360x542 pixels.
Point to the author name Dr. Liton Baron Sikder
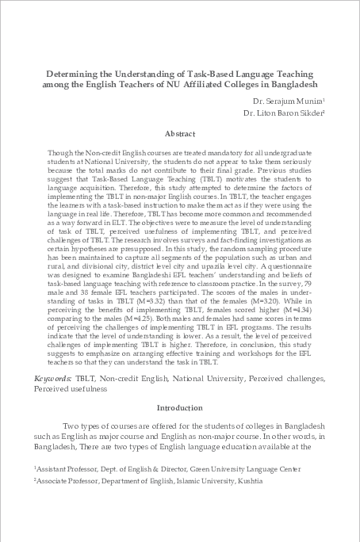pyautogui.click(x=278, y=113)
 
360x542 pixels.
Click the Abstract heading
pyautogui.click(x=179, y=134)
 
